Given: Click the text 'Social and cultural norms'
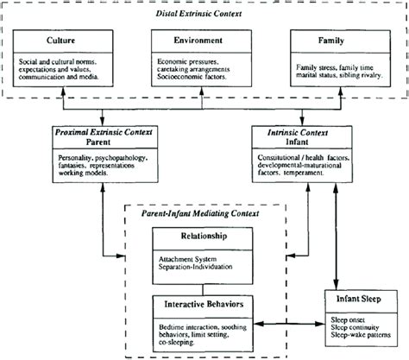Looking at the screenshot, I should click(59, 62).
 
